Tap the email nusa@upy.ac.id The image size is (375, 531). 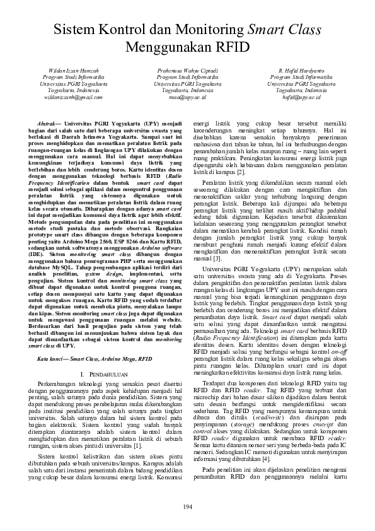187,98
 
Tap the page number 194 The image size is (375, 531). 187,508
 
